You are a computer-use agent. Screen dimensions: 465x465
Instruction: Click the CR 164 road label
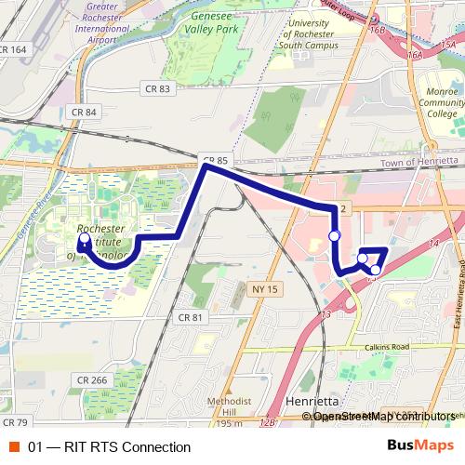point(14,49)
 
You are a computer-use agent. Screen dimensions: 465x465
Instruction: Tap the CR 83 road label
point(158,88)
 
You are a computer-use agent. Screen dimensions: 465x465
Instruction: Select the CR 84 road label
point(85,113)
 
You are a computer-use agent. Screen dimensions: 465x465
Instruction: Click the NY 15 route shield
point(265,289)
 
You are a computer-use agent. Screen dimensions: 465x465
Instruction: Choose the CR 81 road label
point(190,318)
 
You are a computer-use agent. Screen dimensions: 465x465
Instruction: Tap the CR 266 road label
point(93,379)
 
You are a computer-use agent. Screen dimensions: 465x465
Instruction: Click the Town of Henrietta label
point(418,161)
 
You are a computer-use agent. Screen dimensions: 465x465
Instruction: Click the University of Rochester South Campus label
point(320,33)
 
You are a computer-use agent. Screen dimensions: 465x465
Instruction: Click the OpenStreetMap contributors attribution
point(385,416)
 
